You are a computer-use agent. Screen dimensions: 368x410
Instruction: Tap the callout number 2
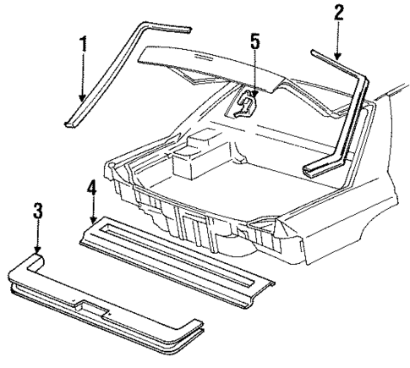point(338,13)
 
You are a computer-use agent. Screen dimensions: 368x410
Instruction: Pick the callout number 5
point(254,41)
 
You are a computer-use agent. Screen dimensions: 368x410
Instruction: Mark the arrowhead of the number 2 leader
point(338,58)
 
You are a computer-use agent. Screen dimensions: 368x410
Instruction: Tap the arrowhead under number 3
point(37,251)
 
